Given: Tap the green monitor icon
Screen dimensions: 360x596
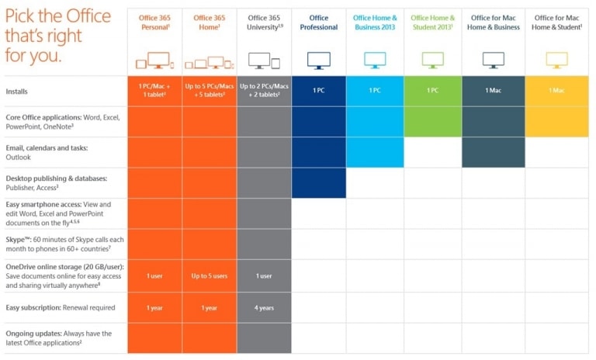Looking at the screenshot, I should [x=431, y=60].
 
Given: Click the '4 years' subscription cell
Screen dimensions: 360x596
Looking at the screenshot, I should [x=264, y=308].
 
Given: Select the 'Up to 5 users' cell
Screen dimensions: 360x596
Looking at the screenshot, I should [x=210, y=276].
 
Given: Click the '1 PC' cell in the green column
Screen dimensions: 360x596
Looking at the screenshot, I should [x=431, y=91].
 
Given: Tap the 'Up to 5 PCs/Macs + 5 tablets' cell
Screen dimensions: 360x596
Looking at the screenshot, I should [x=210, y=91].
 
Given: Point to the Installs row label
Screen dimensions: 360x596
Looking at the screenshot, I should [x=18, y=91].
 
